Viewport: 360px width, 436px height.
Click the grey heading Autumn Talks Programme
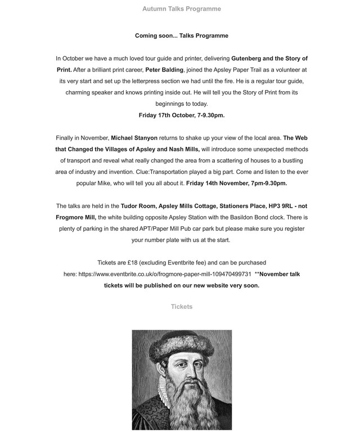[x=182, y=9]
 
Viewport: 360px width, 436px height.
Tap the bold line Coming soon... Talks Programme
[x=182, y=35]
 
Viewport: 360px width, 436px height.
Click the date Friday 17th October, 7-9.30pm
[x=182, y=115]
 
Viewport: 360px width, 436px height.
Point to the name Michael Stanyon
[x=134, y=138]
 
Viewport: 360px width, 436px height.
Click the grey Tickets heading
[x=182, y=307]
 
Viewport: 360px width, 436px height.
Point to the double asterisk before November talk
[x=257, y=274]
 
